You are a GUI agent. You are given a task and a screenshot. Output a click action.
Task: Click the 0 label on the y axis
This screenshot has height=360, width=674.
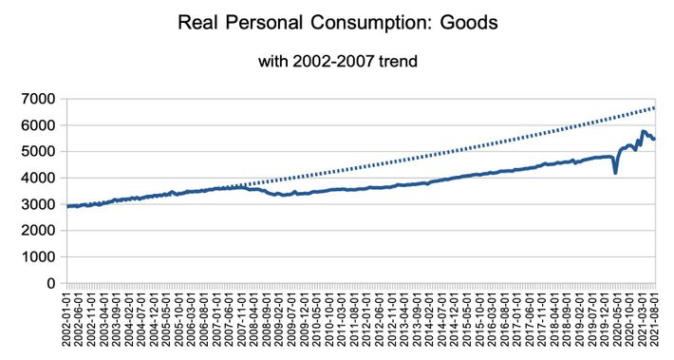pyautogui.click(x=53, y=283)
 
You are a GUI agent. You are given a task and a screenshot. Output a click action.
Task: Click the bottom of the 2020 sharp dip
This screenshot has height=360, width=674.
pyautogui.click(x=615, y=173)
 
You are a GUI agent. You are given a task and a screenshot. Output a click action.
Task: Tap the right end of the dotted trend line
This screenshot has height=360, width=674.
pyautogui.click(x=655, y=107)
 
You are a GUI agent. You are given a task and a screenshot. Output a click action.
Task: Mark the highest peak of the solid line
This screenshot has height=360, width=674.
pyautogui.click(x=644, y=131)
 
